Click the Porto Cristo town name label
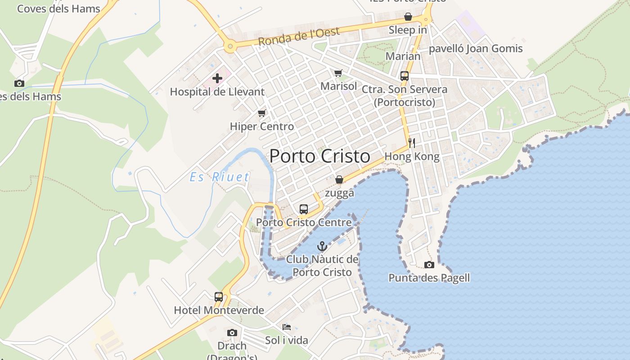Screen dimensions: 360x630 click(319, 156)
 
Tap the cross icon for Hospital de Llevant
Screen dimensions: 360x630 click(217, 79)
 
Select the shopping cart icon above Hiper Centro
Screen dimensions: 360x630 click(261, 113)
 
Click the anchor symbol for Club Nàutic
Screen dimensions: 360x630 click(322, 246)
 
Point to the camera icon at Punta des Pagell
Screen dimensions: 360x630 click(429, 265)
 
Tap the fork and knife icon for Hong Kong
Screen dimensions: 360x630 click(412, 143)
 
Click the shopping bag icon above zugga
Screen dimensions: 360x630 click(339, 180)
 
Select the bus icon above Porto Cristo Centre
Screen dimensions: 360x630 click(304, 209)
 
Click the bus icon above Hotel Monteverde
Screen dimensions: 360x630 click(219, 297)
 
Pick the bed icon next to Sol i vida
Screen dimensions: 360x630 click(287, 327)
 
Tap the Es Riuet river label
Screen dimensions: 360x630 click(219, 177)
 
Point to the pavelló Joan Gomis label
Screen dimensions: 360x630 click(476, 49)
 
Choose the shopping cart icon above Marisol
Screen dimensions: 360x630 click(338, 73)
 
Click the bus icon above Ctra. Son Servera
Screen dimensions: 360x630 click(405, 76)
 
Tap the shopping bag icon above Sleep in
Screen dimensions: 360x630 click(408, 17)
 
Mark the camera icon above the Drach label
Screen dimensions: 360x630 click(232, 333)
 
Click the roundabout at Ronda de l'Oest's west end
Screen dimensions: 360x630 click(230, 46)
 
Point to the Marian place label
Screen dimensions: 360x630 click(403, 56)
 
